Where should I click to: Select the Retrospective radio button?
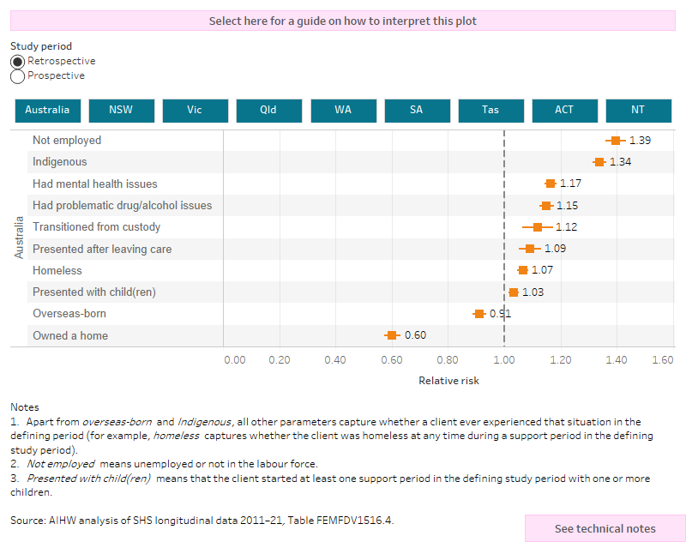click(17, 62)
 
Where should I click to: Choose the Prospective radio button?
click(17, 76)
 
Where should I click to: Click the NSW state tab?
click(121, 111)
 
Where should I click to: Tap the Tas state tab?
click(490, 111)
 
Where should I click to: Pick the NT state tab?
click(638, 111)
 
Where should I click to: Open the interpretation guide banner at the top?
click(343, 21)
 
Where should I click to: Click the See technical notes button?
click(605, 528)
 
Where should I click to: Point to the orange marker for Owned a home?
click(392, 335)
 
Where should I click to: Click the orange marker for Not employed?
click(615, 140)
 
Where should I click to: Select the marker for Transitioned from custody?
click(538, 227)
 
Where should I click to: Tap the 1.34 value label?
click(620, 162)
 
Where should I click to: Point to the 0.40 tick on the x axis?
click(335, 361)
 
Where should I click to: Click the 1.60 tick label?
click(662, 361)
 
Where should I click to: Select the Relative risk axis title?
click(448, 381)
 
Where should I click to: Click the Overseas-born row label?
click(69, 314)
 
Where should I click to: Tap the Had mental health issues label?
click(94, 184)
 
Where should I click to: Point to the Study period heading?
click(41, 46)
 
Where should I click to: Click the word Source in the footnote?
click(27, 520)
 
